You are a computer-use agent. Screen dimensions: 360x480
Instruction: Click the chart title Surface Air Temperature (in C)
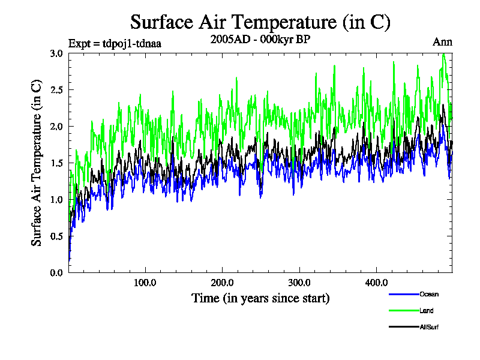click(260, 22)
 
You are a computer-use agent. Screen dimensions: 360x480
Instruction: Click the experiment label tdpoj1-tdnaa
click(115, 43)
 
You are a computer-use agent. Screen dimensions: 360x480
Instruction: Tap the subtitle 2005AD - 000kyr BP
click(260, 41)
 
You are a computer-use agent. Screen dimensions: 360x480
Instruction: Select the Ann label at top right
click(442, 42)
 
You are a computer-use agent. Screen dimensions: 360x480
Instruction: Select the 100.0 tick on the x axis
click(145, 283)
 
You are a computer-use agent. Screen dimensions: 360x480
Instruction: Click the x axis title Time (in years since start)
click(260, 298)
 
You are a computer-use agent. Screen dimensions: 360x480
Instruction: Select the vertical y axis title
click(37, 163)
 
